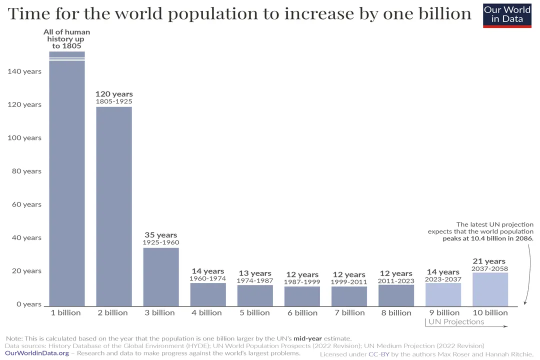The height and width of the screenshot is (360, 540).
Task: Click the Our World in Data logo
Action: coord(507,14)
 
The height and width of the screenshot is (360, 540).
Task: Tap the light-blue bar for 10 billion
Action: coord(490,289)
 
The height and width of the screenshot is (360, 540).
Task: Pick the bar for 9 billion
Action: coord(443,294)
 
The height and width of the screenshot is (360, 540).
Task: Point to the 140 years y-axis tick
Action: coord(24,71)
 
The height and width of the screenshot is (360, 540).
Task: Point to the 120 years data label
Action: coord(114,94)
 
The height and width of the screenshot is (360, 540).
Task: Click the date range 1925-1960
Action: coord(161,242)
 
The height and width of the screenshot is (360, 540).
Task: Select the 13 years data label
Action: coord(255,273)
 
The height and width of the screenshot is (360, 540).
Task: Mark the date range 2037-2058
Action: coord(490,269)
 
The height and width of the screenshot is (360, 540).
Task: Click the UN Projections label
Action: coord(456,322)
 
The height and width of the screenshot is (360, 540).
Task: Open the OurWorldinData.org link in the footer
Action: coord(37,353)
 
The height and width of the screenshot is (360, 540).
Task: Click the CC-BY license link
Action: coord(374,354)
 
